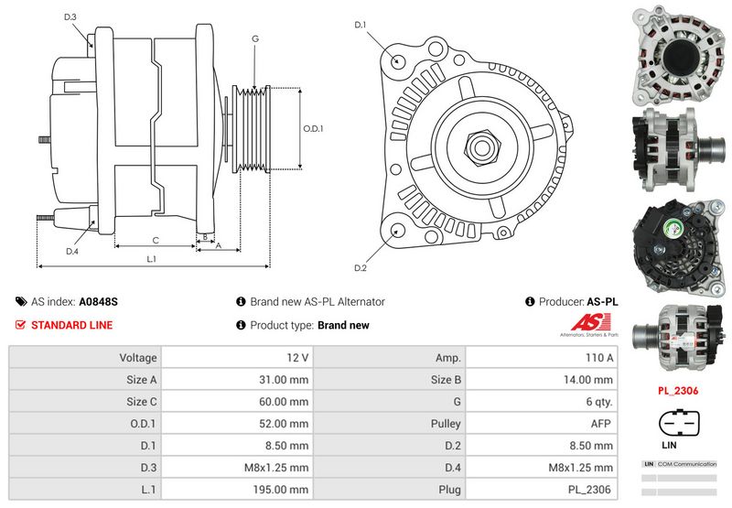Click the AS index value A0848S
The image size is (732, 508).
pyautogui.click(x=98, y=301)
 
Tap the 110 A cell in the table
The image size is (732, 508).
pyautogui.click(x=600, y=357)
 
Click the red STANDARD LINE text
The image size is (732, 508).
pyautogui.click(x=72, y=325)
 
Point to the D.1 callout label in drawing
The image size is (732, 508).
pyautogui.click(x=361, y=25)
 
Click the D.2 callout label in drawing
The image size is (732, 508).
pyautogui.click(x=361, y=267)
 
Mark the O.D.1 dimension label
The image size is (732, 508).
pyautogui.click(x=314, y=128)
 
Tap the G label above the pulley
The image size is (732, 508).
pyautogui.click(x=255, y=38)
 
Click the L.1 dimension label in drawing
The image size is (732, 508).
pyautogui.click(x=152, y=259)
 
